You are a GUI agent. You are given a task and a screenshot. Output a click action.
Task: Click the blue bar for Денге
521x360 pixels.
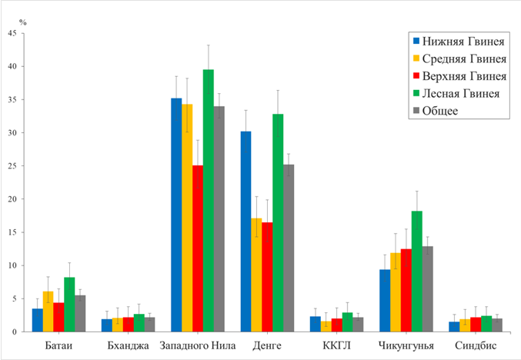point(246,232)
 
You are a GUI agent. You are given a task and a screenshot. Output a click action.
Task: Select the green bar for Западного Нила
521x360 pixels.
point(208,201)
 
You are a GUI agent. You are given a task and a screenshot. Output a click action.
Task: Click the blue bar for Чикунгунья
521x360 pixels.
point(385,301)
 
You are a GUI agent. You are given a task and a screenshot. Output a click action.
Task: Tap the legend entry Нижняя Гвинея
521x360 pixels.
point(464,42)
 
